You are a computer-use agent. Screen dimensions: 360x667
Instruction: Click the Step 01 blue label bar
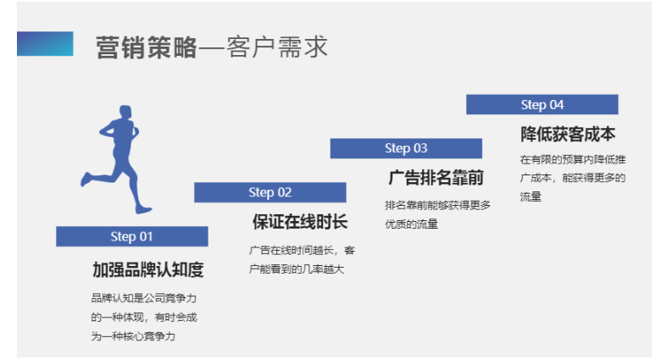coord(131,236)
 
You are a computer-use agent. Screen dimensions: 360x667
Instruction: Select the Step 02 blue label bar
coord(270,192)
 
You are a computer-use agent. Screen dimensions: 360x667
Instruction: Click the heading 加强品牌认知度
coord(147,269)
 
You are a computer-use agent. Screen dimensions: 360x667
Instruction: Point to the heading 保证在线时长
coord(299,222)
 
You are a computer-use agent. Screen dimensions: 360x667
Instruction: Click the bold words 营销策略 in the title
coord(145,47)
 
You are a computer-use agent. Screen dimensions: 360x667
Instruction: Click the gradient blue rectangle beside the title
coord(45,44)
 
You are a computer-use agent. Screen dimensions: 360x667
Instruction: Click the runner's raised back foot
coord(86,179)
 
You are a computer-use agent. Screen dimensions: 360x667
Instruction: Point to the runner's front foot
coord(144,208)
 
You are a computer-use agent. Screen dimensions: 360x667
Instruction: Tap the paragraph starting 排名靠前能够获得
coord(437,214)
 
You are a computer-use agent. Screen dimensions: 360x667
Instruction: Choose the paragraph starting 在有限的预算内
coord(572,178)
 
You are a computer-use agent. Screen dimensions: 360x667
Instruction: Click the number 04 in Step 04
coord(556,104)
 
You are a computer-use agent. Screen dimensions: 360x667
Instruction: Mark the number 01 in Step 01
coord(146,236)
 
